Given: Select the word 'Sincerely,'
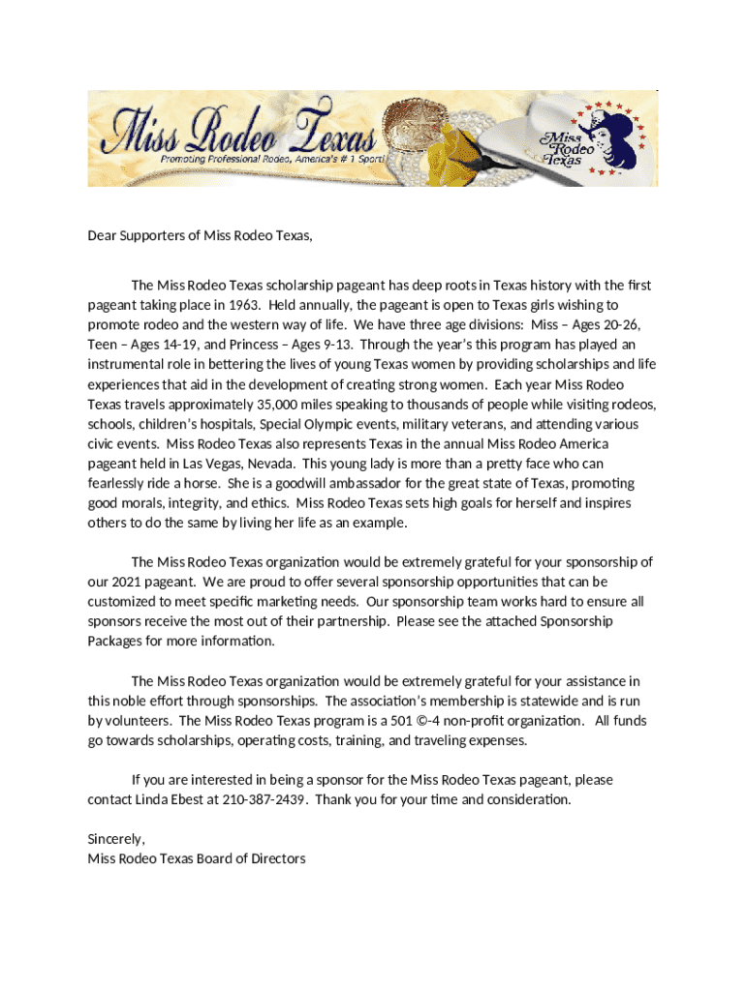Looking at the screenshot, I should point(116,839).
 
